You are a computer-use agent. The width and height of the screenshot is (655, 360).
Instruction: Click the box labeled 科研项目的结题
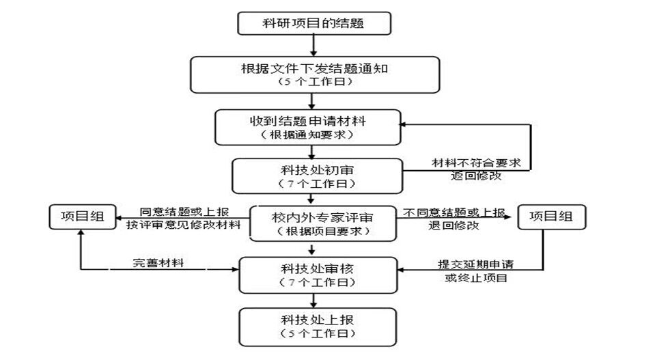[x=313, y=23]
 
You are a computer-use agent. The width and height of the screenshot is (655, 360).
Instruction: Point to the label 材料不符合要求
[x=476, y=164]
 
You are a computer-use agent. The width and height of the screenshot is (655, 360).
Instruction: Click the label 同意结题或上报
[x=181, y=212]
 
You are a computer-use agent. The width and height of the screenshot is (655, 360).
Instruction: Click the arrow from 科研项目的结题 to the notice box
[x=313, y=44]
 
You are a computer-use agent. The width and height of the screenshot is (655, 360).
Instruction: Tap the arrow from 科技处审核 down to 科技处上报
[x=313, y=300]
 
